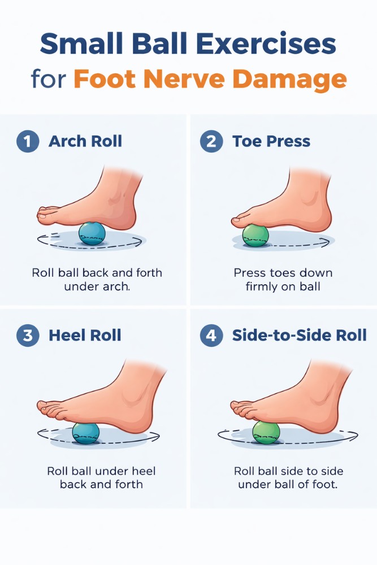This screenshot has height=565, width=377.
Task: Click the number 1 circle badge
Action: click(28, 141)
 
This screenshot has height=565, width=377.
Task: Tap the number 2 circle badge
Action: click(211, 141)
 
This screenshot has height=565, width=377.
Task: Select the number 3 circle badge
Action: click(28, 335)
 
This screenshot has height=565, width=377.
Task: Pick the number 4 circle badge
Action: click(211, 335)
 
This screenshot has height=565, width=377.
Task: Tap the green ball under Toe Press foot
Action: click(255, 234)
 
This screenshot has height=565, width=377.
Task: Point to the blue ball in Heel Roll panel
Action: click(86, 433)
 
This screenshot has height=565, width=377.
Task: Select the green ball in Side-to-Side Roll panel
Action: click(266, 432)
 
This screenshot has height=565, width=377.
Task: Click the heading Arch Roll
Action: click(85, 141)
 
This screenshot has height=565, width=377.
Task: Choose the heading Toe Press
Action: click(271, 141)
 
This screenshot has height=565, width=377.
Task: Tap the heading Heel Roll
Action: click(85, 335)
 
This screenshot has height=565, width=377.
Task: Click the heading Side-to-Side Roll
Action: click(300, 335)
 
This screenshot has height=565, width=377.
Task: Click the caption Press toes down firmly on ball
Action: click(283, 280)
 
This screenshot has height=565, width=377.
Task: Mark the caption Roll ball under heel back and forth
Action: click(101, 477)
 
